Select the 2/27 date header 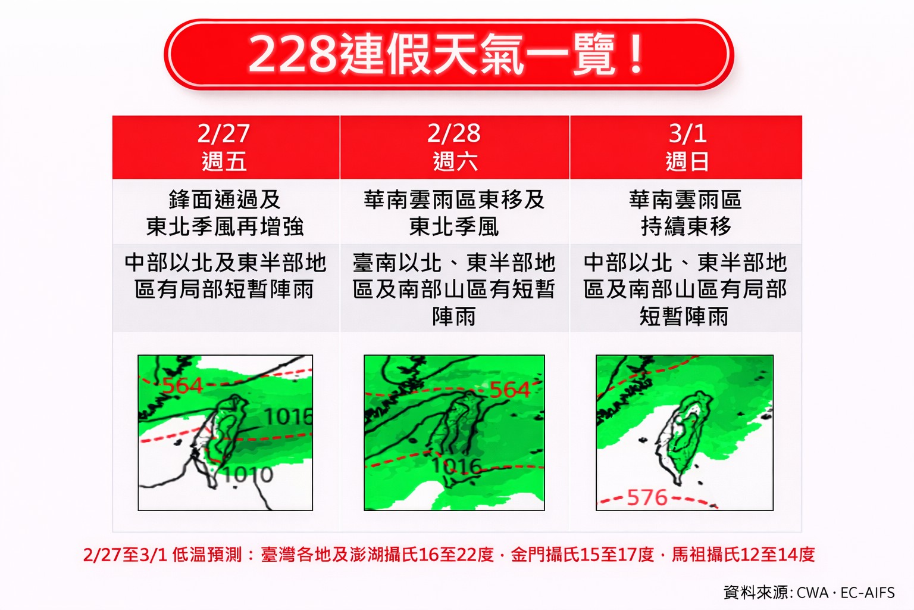click(x=224, y=133)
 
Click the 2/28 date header click(x=454, y=133)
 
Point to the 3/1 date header click(x=687, y=133)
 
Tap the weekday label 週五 click(x=224, y=161)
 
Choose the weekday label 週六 click(x=455, y=161)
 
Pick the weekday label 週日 click(x=687, y=161)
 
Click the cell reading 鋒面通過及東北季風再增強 click(x=225, y=213)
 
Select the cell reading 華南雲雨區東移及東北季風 click(x=454, y=213)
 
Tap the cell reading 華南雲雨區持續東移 click(x=685, y=213)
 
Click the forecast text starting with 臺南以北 click(x=454, y=289)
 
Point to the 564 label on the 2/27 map click(x=183, y=385)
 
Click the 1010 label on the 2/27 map click(x=248, y=475)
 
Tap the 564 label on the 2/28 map click(x=509, y=390)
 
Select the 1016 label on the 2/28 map click(x=457, y=465)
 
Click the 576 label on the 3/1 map click(x=647, y=497)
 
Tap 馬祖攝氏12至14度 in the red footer click(x=743, y=555)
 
